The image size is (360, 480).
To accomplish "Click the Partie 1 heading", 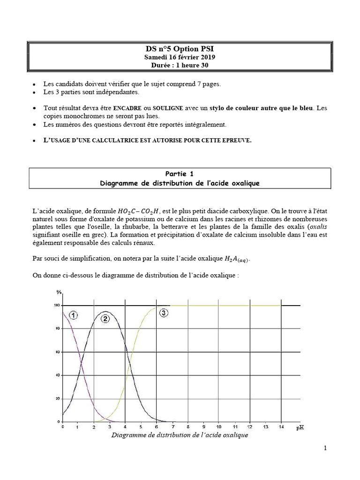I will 180,174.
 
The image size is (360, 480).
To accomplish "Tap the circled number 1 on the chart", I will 74,315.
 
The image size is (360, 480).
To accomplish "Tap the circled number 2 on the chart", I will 105,319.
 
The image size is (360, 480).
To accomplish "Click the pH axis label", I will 301,427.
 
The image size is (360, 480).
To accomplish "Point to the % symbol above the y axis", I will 59,292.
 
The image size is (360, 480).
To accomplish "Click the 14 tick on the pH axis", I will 281,427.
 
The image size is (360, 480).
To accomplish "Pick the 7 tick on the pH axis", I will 172,427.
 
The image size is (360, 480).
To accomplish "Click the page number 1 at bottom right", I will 325,449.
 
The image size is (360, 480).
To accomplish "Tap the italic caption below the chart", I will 180,435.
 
